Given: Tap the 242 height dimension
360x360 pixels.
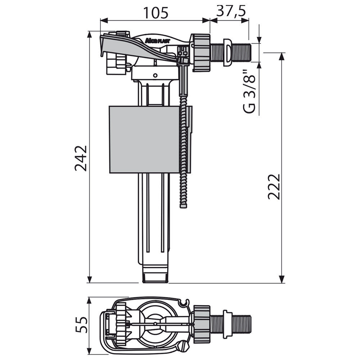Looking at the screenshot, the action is pyautogui.click(x=81, y=158).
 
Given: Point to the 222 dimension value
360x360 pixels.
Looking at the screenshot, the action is pyautogui.click(x=274, y=186).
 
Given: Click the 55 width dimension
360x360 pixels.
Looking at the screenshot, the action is pyautogui.click(x=81, y=325).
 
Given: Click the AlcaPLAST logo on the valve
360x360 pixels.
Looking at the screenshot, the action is pyautogui.click(x=157, y=41).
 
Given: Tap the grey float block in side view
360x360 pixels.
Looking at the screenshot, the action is pyautogui.click(x=144, y=140).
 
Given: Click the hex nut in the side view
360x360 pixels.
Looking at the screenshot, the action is pyautogui.click(x=201, y=53).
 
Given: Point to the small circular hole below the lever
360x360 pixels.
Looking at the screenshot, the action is pyautogui.click(x=156, y=75).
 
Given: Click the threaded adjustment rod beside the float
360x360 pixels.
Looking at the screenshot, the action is pyautogui.click(x=184, y=152).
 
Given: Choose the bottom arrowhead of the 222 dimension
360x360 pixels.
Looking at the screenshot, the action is pyautogui.click(x=282, y=279).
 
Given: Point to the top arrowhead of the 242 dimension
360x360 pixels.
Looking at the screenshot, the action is pyautogui.click(x=89, y=35).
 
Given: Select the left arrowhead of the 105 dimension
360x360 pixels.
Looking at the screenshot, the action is pyautogui.click(x=104, y=20).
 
